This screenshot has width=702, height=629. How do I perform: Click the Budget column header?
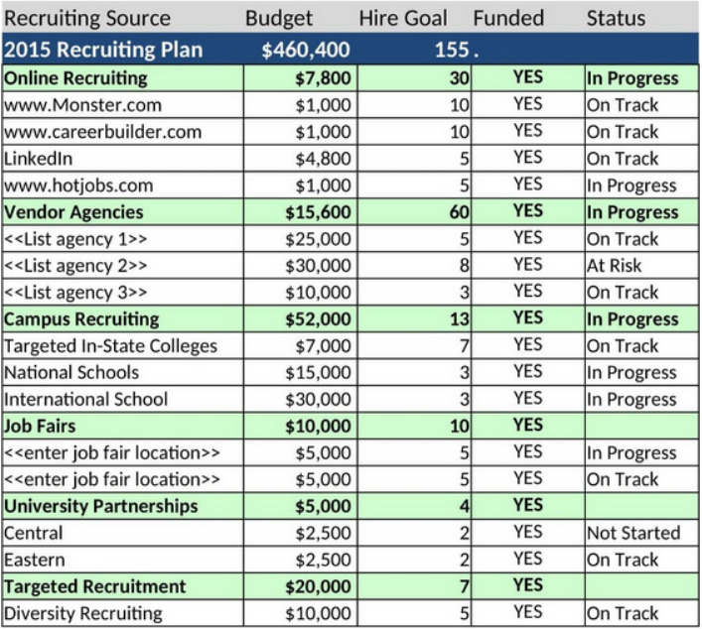tap(279, 18)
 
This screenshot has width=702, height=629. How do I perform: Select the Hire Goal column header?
tap(402, 18)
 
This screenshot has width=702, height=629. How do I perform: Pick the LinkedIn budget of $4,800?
tap(323, 158)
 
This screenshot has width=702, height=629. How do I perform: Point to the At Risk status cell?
tap(614, 265)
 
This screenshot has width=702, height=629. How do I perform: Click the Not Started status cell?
tap(632, 533)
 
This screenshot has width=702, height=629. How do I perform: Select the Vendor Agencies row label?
tap(73, 211)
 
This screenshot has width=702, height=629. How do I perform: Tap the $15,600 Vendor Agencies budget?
tap(318, 211)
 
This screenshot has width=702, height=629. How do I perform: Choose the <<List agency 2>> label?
tap(75, 265)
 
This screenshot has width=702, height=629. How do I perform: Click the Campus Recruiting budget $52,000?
tap(318, 318)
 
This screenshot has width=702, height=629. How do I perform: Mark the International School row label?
tap(86, 399)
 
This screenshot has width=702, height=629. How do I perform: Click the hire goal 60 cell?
tap(459, 211)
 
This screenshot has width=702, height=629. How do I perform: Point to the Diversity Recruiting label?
tap(83, 613)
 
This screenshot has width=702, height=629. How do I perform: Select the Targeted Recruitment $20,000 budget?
tap(318, 586)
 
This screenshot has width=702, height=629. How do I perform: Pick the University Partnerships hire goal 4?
tap(464, 506)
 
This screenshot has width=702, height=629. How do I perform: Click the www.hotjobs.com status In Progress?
tap(631, 185)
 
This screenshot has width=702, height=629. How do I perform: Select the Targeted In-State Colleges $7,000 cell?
tap(323, 345)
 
